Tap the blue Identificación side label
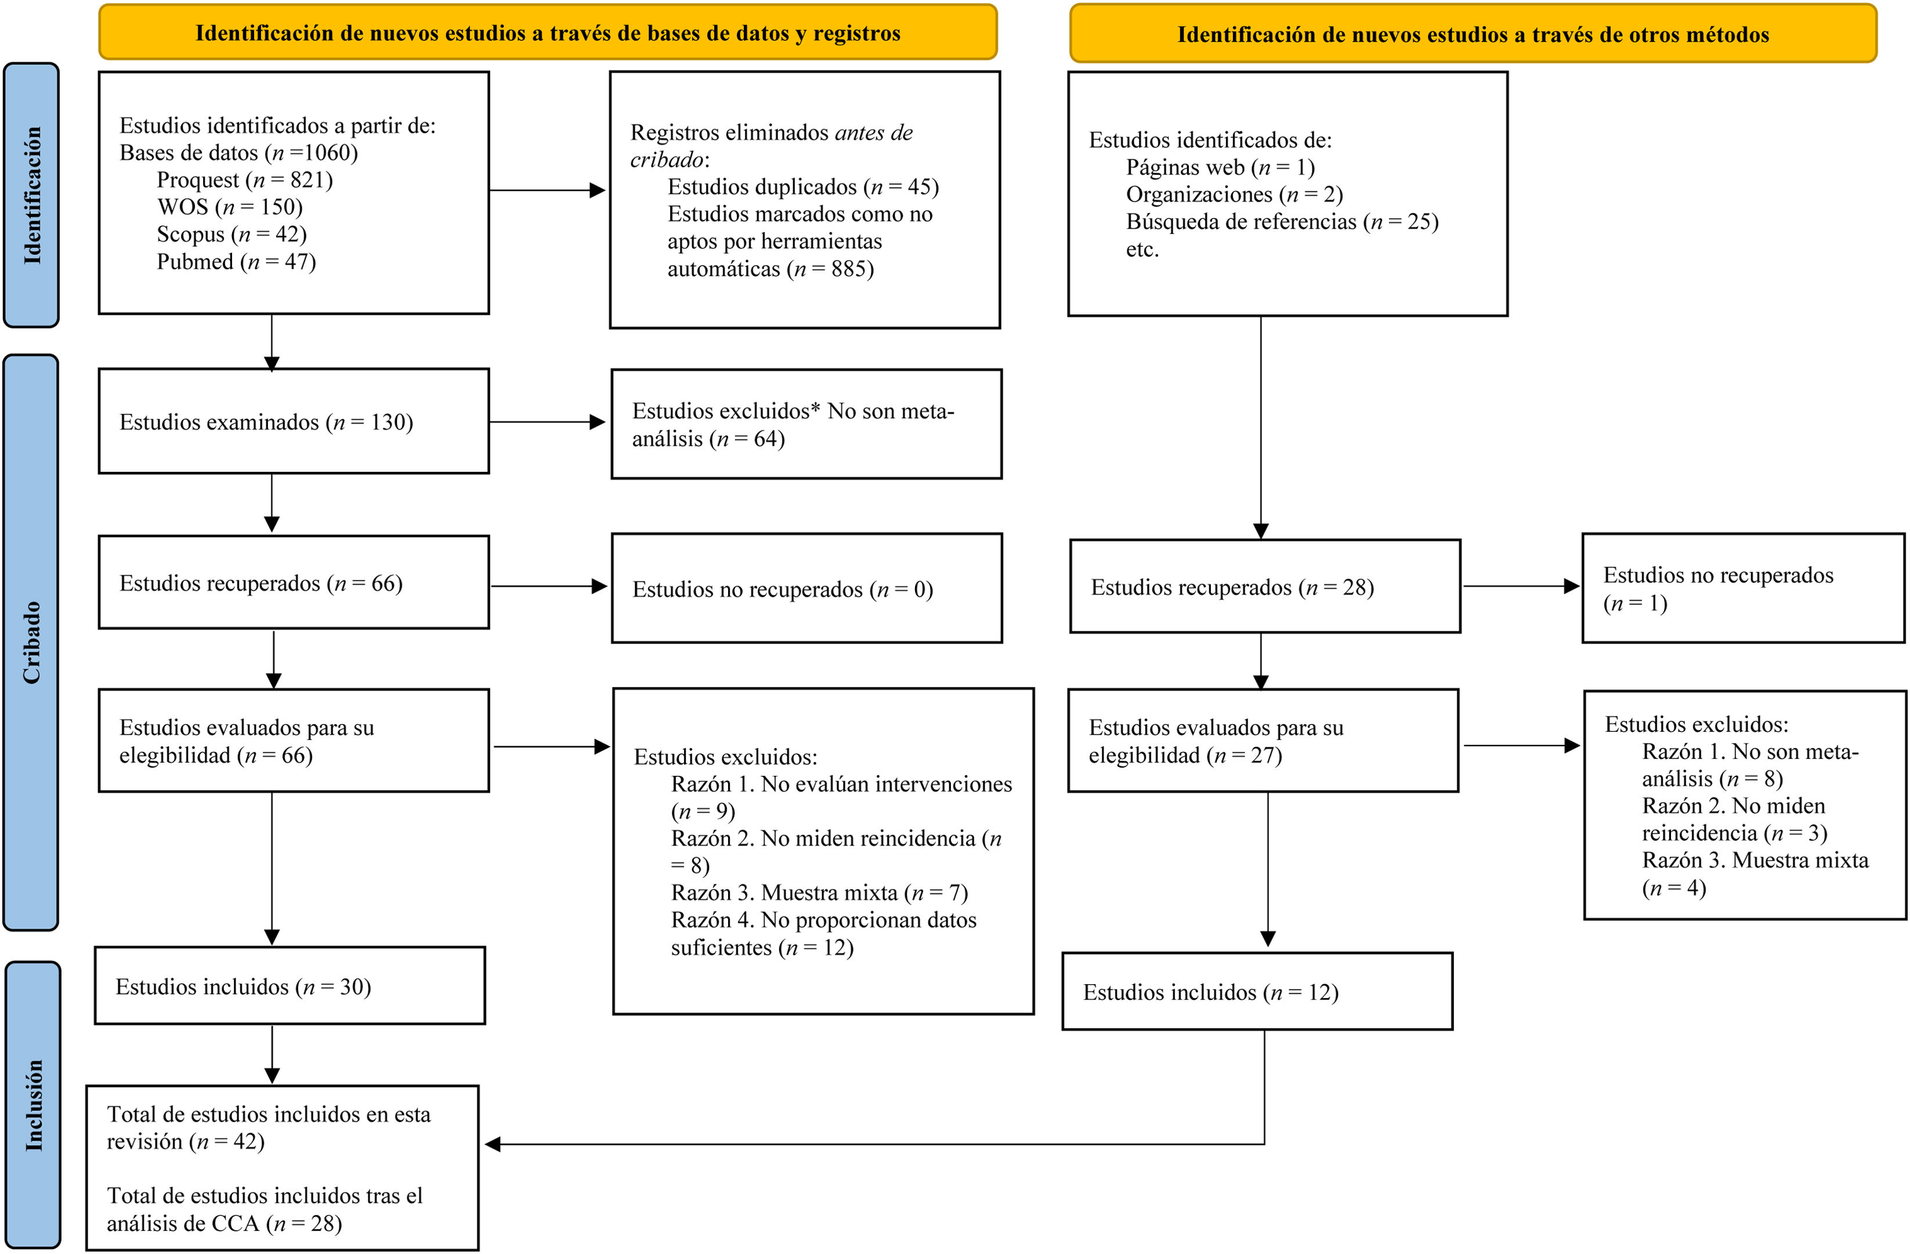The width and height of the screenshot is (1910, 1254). (x=31, y=195)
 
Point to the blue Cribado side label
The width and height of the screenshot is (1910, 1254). (x=31, y=642)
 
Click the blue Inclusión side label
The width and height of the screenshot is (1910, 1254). (x=33, y=1105)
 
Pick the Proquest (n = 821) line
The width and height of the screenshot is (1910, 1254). (x=245, y=180)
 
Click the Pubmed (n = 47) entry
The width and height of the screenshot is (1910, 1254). (x=236, y=262)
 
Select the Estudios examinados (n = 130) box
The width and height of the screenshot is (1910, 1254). (x=294, y=421)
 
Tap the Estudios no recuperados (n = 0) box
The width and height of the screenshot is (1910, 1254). (x=806, y=588)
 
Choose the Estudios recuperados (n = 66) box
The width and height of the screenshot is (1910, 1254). (x=294, y=582)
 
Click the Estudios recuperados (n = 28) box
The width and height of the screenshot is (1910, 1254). (x=1265, y=586)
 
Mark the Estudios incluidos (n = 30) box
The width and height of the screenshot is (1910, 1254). (x=290, y=986)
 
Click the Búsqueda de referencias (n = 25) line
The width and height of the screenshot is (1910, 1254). (x=1282, y=222)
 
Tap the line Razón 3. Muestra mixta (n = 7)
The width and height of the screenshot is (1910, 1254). (x=819, y=892)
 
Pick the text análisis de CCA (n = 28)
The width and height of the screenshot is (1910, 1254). (x=225, y=1223)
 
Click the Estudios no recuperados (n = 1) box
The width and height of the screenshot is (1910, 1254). (x=1743, y=588)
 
